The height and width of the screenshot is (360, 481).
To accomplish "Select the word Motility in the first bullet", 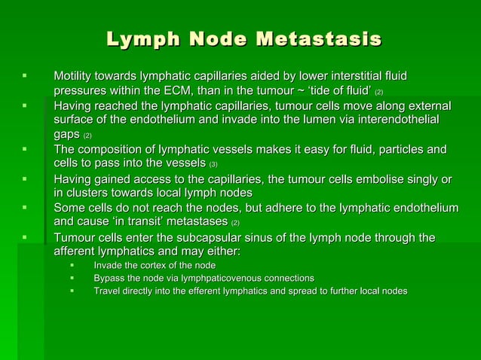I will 74,77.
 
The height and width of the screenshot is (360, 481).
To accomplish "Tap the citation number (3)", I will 213,163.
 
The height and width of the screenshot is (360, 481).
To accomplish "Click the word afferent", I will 76,252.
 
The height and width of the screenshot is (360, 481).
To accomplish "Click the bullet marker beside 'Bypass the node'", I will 72,278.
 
